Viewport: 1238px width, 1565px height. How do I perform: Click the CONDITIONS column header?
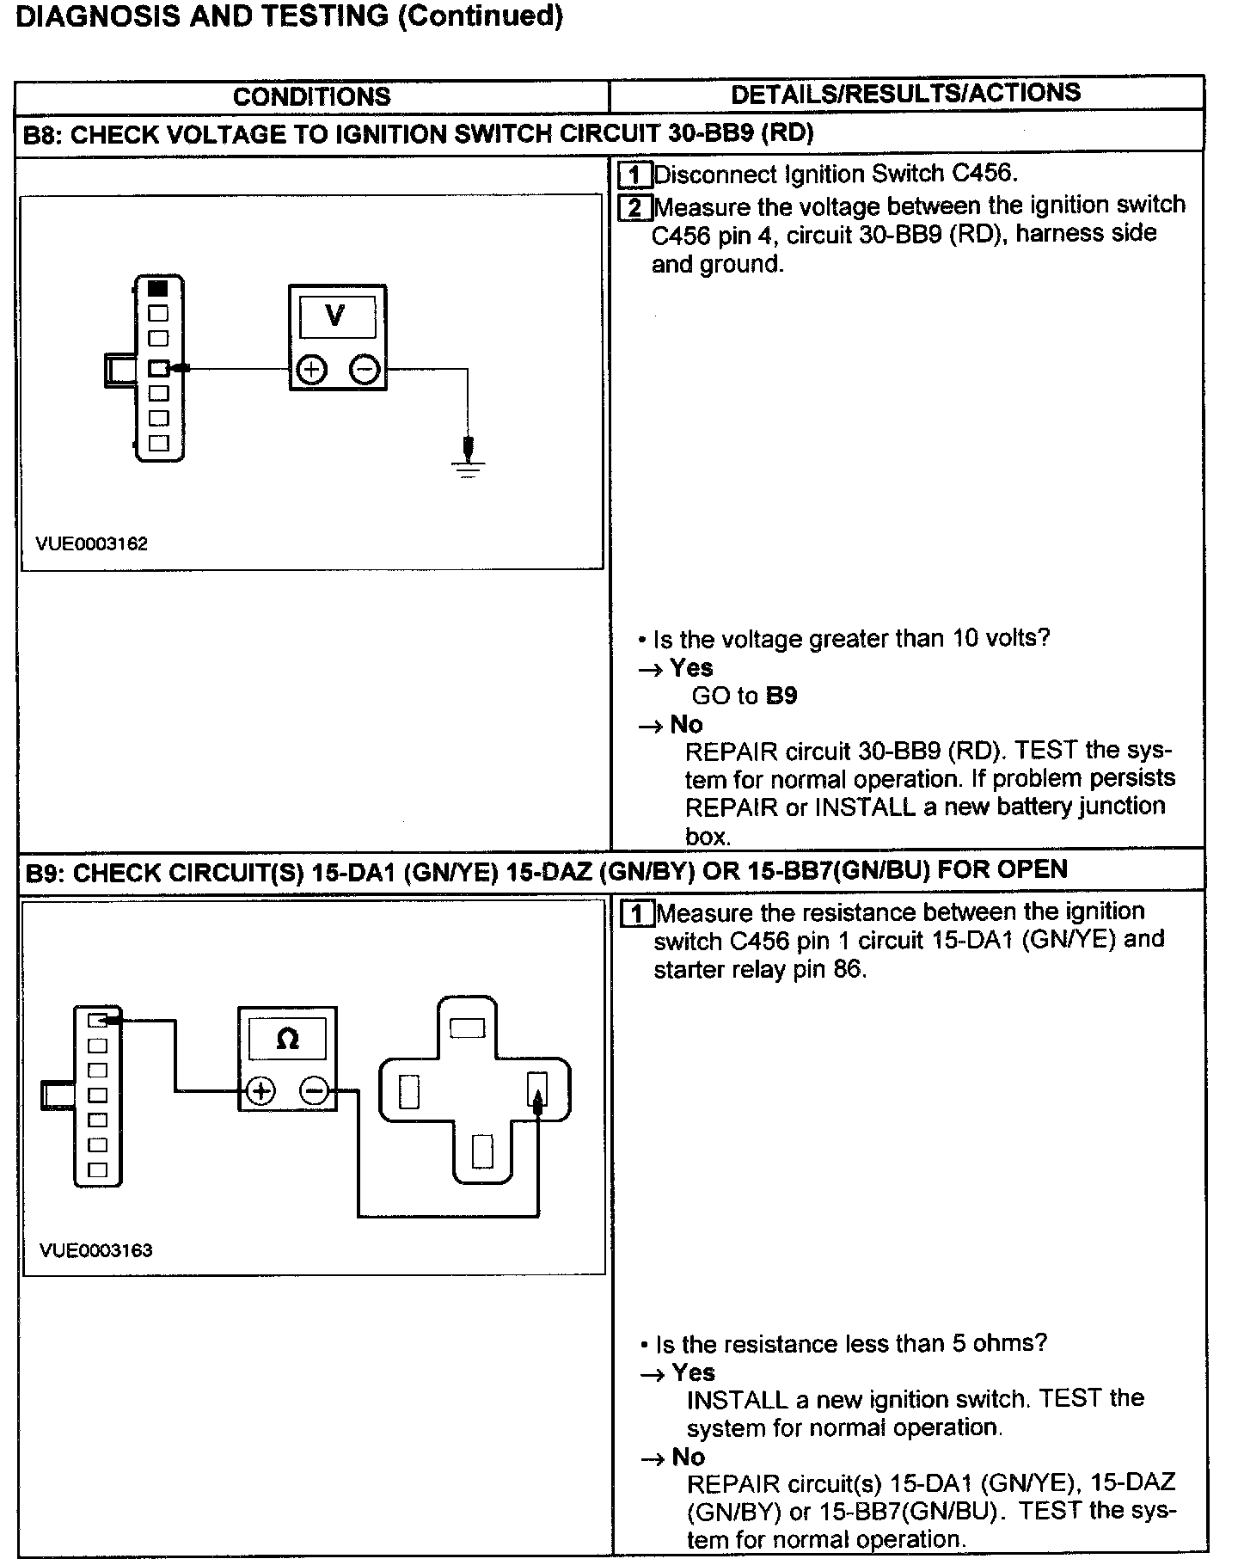[x=311, y=96]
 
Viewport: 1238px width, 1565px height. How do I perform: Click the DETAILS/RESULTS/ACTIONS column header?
[x=905, y=93]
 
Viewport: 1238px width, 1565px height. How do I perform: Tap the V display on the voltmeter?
[x=336, y=317]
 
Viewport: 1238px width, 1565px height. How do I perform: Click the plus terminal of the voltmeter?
[x=311, y=370]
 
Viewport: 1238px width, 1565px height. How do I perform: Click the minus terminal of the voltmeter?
[x=365, y=370]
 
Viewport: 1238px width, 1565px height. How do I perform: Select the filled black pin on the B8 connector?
[x=158, y=288]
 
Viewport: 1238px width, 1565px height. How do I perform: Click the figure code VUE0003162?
[x=91, y=543]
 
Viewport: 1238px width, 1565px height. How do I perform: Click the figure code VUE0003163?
[x=95, y=1250]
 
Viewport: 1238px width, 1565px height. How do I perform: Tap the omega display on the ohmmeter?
[x=287, y=1039]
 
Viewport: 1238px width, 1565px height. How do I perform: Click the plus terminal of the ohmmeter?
[x=260, y=1092]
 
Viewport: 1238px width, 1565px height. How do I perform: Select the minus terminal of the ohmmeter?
[x=314, y=1092]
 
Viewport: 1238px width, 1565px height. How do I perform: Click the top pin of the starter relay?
[x=468, y=1028]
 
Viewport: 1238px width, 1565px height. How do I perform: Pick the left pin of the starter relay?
[x=409, y=1093]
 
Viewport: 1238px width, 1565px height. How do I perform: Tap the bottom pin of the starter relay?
[x=482, y=1151]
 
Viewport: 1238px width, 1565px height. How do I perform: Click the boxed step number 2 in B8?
[x=634, y=207]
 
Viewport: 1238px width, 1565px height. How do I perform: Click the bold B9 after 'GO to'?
[x=781, y=696]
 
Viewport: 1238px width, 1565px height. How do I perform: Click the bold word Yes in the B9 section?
[x=693, y=1372]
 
